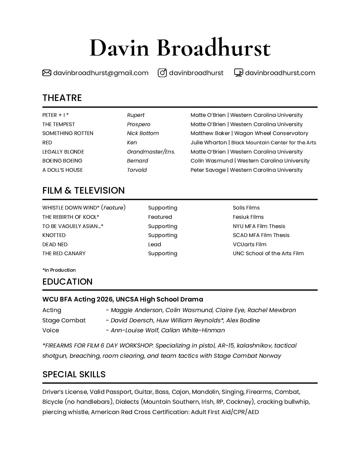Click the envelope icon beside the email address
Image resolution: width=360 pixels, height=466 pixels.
47,73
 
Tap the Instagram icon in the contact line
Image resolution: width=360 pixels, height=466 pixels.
162,73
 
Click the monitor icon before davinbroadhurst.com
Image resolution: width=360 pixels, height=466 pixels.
239,73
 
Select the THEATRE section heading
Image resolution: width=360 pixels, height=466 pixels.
62,98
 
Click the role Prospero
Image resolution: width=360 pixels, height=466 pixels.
139,124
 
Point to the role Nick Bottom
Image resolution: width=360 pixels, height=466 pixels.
143,133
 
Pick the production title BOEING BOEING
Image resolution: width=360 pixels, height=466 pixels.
62,161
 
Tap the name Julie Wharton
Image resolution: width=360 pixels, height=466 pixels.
208,143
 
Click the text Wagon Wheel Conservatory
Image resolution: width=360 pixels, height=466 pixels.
271,133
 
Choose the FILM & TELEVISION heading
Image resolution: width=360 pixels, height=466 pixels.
83,191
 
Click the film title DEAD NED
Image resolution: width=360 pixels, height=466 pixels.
55,245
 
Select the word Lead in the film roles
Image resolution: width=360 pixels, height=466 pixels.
155,245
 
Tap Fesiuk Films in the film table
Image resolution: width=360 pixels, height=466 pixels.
248,217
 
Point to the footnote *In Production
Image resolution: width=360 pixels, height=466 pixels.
59,270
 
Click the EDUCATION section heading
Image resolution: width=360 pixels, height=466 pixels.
67,282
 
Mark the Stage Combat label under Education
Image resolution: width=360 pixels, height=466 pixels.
64,320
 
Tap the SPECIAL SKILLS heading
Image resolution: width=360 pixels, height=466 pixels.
74,374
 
